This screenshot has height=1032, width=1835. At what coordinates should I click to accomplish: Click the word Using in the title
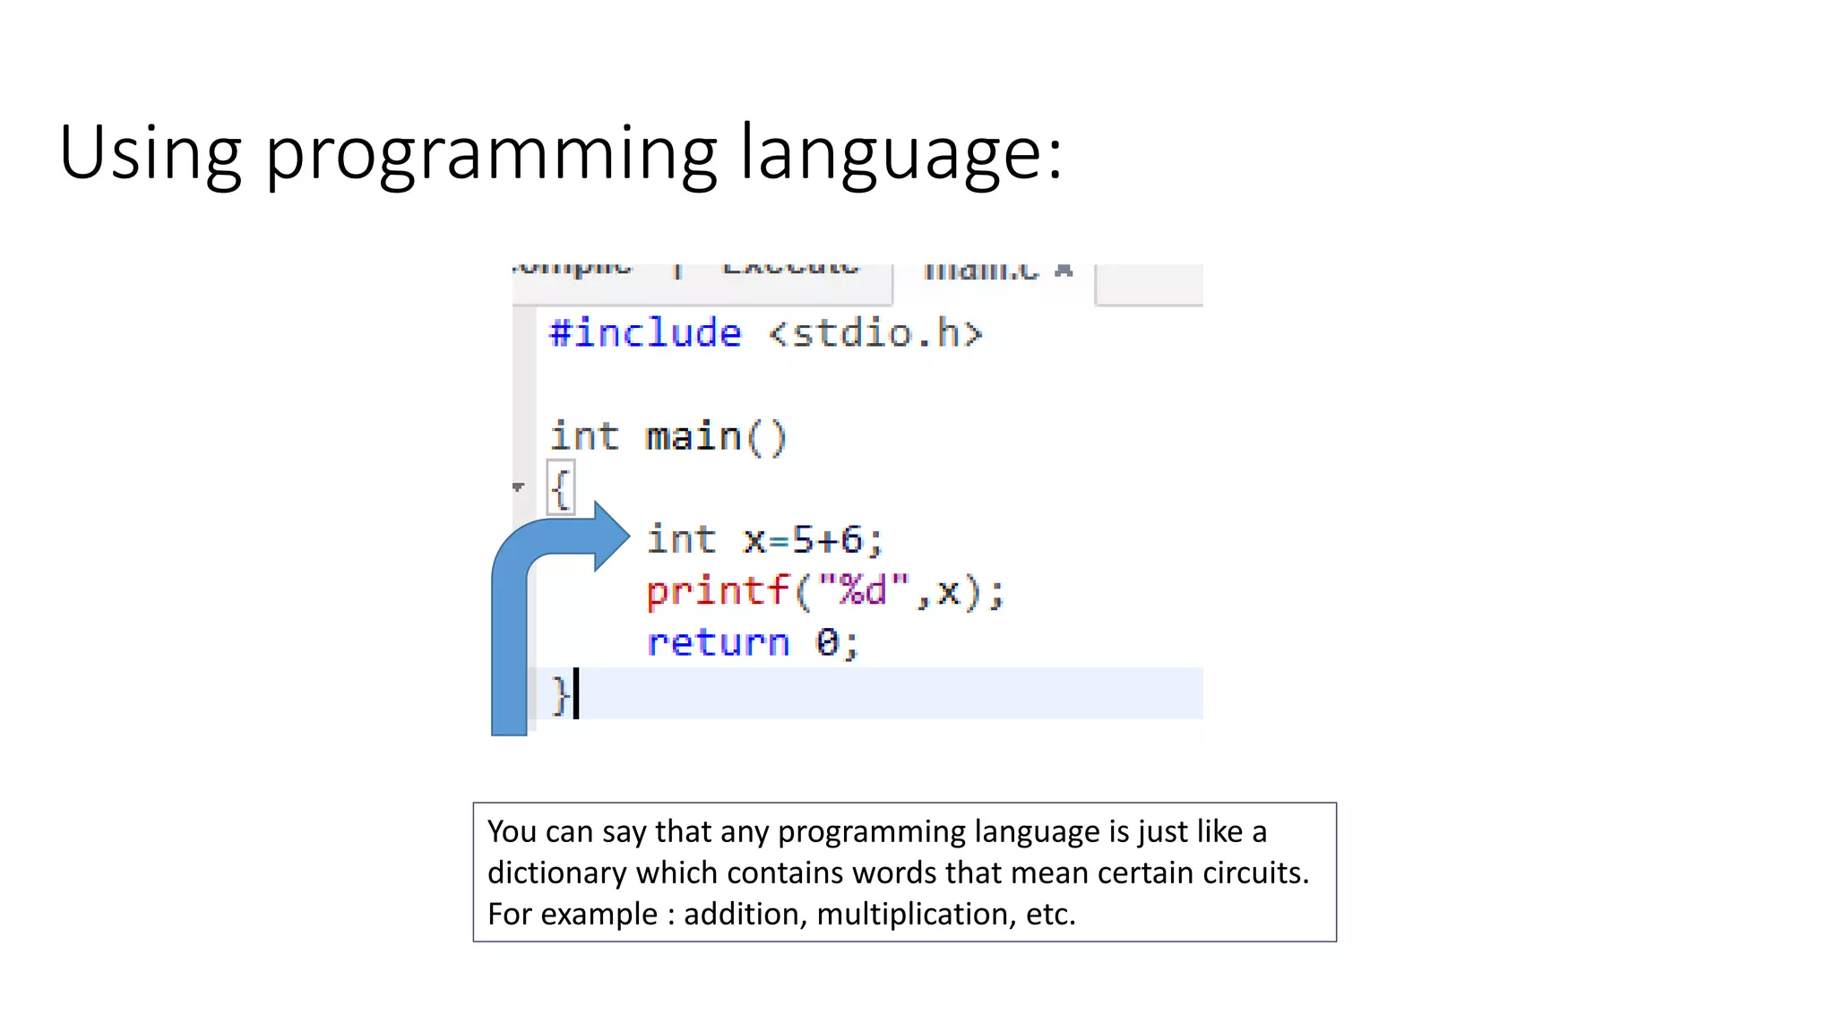coord(150,152)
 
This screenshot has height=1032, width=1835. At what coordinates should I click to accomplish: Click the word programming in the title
coord(491,154)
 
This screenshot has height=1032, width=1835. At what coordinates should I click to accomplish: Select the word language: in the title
coord(901,154)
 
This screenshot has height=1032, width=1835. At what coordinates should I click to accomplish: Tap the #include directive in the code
coord(645,333)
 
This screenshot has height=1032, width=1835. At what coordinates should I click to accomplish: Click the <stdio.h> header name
coord(875,333)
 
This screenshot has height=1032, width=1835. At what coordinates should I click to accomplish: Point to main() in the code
coord(715,437)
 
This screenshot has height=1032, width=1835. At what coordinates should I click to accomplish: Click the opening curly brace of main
coord(561,489)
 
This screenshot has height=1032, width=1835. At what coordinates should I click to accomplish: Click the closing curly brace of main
coord(559,694)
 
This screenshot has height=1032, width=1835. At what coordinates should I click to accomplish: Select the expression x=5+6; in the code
coord(813,540)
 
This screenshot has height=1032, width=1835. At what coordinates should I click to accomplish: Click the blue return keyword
coord(718,642)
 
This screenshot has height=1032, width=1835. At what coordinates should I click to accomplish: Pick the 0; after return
coord(836,642)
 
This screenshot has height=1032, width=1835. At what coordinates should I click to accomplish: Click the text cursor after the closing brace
coord(576,693)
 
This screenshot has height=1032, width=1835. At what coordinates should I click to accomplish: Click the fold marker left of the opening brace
coord(518,487)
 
